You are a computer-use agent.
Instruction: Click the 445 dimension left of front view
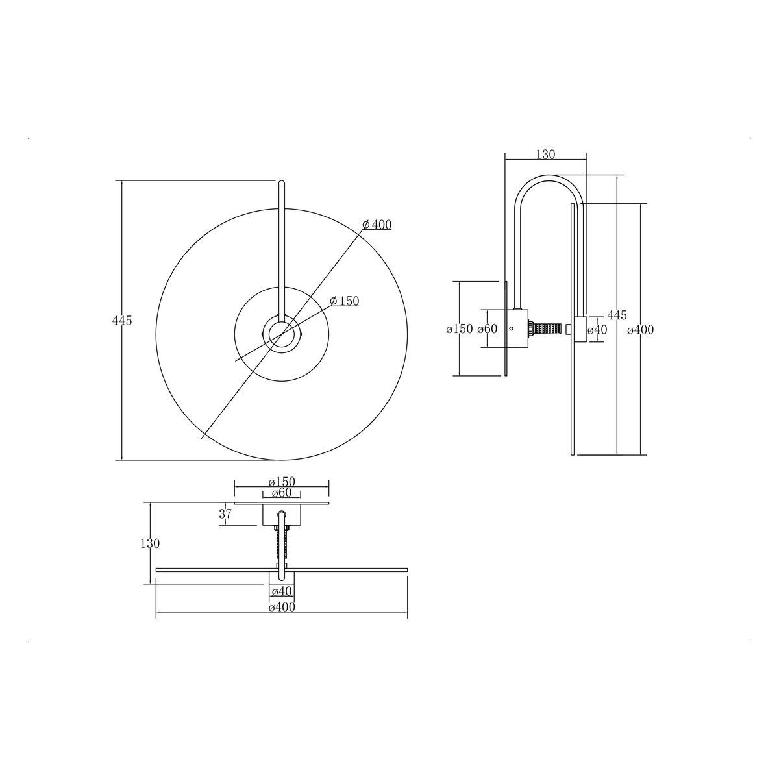click(121, 321)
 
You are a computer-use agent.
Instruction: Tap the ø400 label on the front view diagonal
click(377, 225)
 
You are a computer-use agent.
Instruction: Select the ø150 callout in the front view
click(345, 301)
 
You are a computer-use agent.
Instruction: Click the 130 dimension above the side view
click(546, 154)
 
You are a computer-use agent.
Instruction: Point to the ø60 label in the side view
click(487, 329)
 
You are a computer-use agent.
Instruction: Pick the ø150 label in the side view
click(459, 329)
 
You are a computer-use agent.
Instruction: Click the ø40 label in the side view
click(597, 330)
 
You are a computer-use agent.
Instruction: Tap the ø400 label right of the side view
click(640, 330)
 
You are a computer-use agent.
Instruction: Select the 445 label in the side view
click(617, 315)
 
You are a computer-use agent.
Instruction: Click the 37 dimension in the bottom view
click(225, 513)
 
